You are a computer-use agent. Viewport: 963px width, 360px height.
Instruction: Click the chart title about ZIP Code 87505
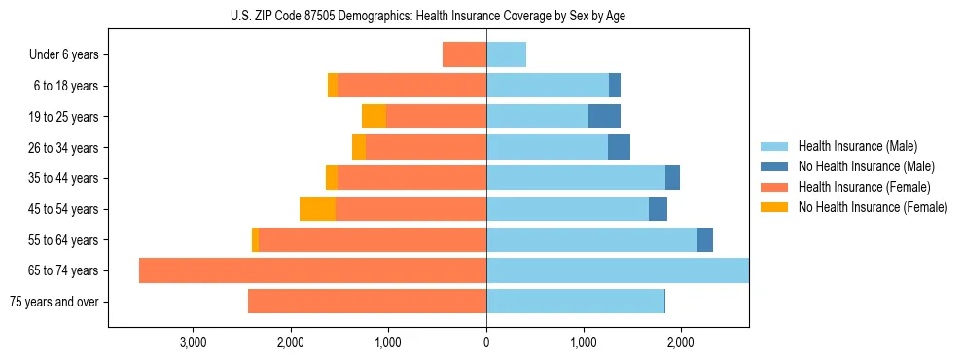click(428, 16)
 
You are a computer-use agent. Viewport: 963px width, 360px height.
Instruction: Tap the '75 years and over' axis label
click(54, 302)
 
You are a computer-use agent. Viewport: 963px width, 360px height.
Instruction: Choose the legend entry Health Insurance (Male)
click(857, 146)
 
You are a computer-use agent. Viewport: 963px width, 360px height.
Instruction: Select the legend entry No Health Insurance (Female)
click(872, 207)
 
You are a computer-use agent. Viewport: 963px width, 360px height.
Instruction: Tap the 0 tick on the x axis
click(486, 342)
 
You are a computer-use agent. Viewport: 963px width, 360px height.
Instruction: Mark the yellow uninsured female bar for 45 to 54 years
click(317, 209)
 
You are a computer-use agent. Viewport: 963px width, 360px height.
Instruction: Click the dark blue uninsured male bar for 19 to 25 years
click(604, 117)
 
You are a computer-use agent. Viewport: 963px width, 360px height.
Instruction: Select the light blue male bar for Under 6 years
click(506, 55)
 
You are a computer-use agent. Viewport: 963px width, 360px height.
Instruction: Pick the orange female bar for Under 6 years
click(464, 55)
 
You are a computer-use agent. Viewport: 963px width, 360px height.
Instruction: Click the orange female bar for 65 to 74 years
click(312, 270)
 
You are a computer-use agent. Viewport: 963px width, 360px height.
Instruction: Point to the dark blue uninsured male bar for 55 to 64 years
click(705, 240)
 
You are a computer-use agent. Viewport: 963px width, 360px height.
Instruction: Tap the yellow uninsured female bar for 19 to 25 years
click(374, 117)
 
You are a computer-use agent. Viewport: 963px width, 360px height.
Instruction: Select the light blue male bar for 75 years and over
click(575, 302)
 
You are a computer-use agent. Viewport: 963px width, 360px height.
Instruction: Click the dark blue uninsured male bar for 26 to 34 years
click(619, 148)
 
